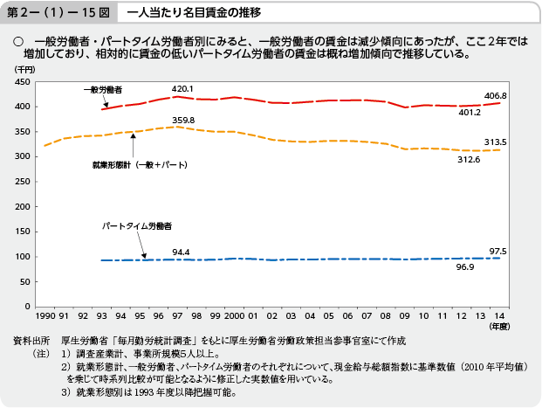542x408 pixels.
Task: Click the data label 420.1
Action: (x=182, y=89)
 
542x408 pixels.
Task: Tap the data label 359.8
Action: (x=183, y=120)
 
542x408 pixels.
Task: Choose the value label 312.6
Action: (x=469, y=158)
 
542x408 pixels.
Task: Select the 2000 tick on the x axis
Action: (x=234, y=315)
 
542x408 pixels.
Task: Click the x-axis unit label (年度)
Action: (x=497, y=327)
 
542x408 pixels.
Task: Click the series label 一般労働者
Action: (x=103, y=90)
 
